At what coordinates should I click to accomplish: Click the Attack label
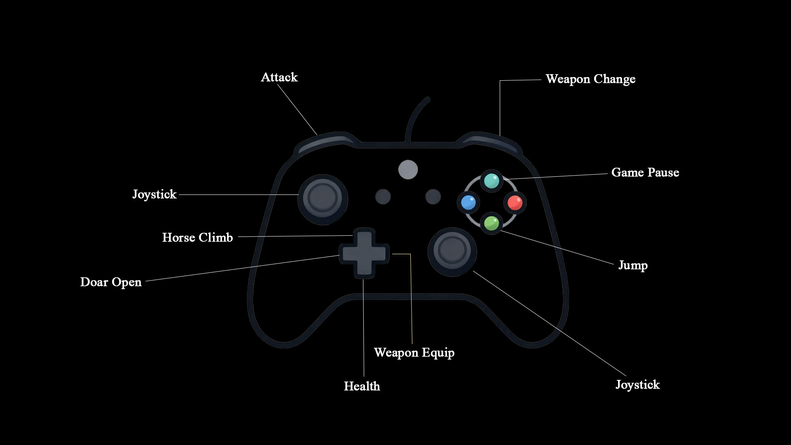(x=279, y=77)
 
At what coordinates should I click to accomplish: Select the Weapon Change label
(x=590, y=79)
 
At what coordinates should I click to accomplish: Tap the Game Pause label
(x=645, y=172)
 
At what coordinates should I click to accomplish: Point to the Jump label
(x=632, y=265)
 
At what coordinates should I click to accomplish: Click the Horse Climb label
(x=197, y=237)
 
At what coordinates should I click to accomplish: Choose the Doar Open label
(x=110, y=282)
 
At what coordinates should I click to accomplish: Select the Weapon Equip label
(x=414, y=353)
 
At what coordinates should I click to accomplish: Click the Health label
(x=362, y=386)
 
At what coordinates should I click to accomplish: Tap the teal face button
(x=491, y=180)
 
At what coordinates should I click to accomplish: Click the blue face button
(x=468, y=202)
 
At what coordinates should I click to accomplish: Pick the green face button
(x=491, y=223)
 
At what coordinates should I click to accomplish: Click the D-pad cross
(x=364, y=253)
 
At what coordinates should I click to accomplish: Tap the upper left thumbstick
(x=323, y=199)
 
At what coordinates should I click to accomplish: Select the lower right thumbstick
(x=452, y=251)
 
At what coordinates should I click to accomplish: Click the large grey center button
(x=408, y=169)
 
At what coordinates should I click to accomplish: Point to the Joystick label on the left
(x=154, y=194)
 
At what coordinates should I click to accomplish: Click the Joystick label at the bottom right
(x=637, y=385)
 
